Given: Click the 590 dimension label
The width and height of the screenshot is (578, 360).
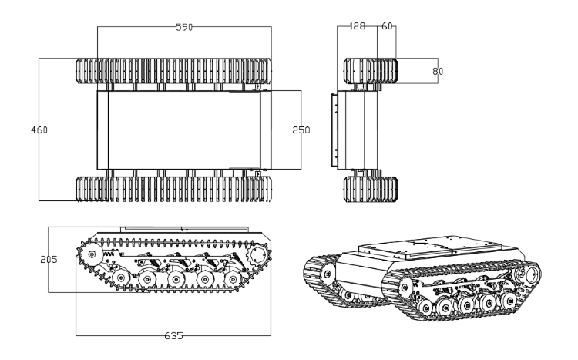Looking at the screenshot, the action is click(x=184, y=27).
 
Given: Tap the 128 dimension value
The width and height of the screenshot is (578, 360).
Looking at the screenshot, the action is click(x=357, y=26).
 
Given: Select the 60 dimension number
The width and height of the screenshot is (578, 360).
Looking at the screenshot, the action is click(x=387, y=26).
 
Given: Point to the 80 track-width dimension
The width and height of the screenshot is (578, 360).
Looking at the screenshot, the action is click(x=438, y=71).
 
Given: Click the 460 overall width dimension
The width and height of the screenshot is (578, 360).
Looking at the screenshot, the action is click(x=39, y=130).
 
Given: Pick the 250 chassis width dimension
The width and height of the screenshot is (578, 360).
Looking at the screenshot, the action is click(x=301, y=130).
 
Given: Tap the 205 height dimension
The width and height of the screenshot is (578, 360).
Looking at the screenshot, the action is click(x=49, y=260).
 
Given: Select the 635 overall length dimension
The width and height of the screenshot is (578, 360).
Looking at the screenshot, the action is click(x=173, y=336).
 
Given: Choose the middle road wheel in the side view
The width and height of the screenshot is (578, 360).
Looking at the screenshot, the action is click(x=176, y=279).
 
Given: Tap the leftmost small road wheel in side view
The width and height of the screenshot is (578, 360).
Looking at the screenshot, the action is click(x=120, y=278).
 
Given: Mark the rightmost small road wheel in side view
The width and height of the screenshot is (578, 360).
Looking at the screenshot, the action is click(x=233, y=280).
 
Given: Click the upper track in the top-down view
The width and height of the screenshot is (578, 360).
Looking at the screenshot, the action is click(x=173, y=70).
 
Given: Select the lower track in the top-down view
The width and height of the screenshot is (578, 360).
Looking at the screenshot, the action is click(x=173, y=189).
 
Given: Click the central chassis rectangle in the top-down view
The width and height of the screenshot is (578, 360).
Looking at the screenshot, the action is click(x=184, y=130).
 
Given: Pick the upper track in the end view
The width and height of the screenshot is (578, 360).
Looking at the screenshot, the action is click(x=371, y=70).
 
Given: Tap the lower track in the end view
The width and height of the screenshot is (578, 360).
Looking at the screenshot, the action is click(x=371, y=189).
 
